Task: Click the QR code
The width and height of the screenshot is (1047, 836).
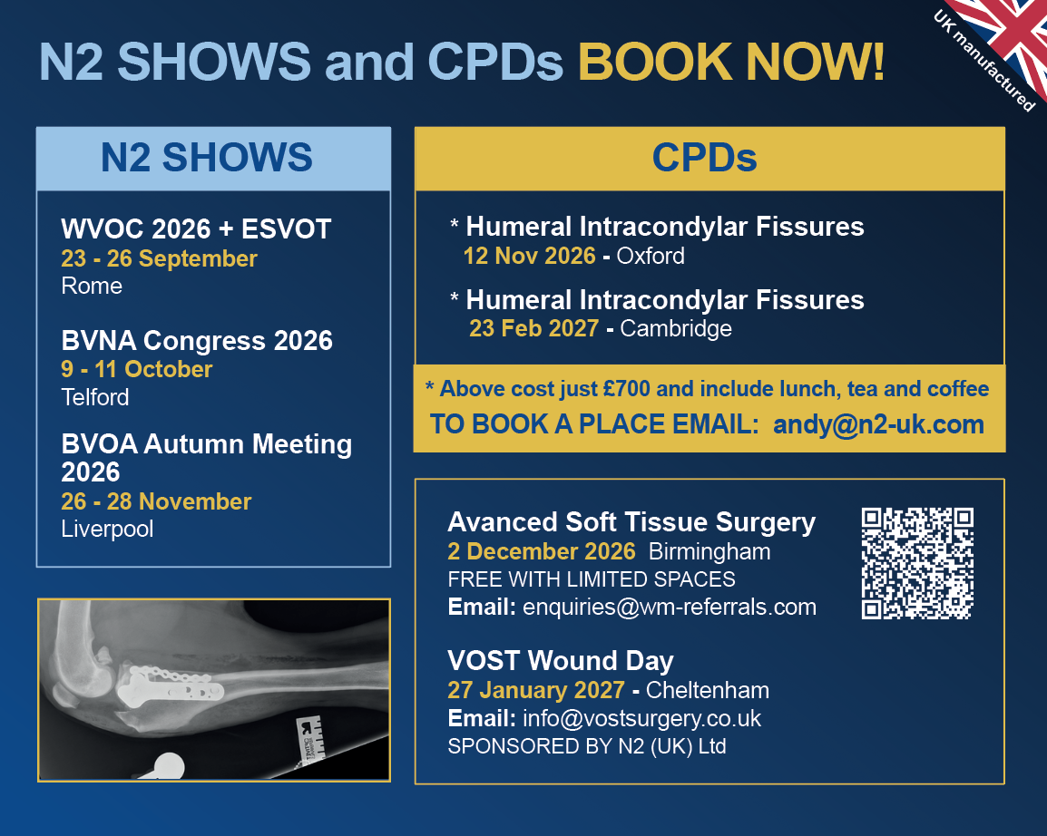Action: point(916,563)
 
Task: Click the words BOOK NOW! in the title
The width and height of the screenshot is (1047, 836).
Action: point(731,62)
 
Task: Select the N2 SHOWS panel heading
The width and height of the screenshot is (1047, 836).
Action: point(206,158)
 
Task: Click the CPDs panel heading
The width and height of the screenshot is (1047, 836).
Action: point(704,158)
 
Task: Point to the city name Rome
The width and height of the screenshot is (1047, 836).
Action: point(92,287)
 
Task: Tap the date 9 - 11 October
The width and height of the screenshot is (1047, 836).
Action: point(136,369)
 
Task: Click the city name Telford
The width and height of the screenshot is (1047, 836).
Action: point(95,397)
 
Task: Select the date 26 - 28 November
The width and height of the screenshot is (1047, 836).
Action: point(155,501)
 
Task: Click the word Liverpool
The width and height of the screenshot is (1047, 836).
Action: point(107,530)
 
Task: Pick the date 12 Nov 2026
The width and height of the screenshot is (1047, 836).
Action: point(529,256)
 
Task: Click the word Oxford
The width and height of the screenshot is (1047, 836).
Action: point(651,256)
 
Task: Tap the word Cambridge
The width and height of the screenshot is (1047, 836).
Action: point(676,328)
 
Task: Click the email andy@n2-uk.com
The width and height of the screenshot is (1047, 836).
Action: point(878,424)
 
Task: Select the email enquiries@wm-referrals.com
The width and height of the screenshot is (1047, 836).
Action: point(669,608)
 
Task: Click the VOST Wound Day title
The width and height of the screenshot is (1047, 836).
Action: point(560,660)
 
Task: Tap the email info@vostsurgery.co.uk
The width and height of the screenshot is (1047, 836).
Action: point(641,718)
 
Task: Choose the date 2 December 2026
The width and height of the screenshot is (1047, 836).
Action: point(541,551)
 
